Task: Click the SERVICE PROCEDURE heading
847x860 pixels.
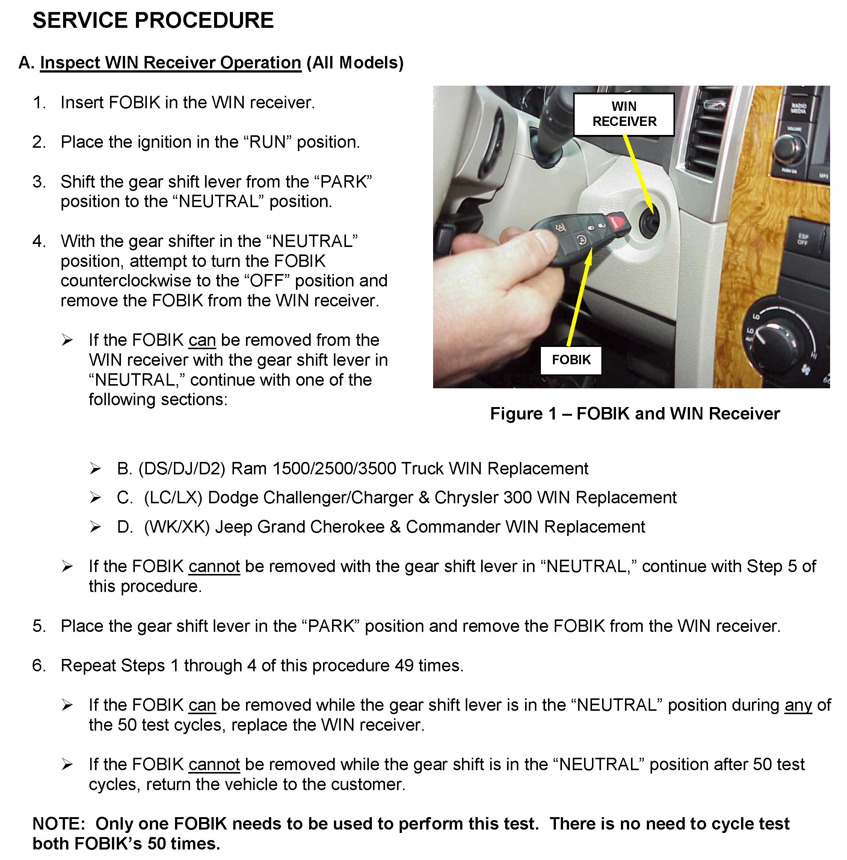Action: [x=153, y=20]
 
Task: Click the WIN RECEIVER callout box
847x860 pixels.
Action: [x=624, y=114]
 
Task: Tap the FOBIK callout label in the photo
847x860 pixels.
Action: [x=571, y=360]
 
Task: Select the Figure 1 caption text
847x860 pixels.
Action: [x=634, y=414]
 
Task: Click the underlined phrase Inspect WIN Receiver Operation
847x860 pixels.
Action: [x=171, y=63]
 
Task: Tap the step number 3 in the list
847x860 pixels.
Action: [x=39, y=182]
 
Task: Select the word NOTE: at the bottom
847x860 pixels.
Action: [x=58, y=824]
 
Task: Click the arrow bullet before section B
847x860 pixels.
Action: [x=95, y=469]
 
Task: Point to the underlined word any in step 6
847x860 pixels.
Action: [x=798, y=705]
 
